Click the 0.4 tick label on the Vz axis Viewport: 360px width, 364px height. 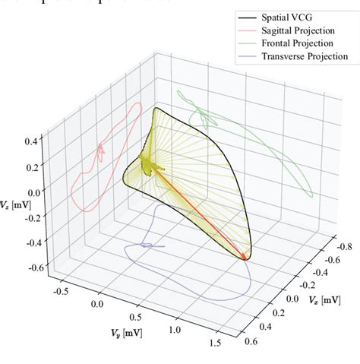(33, 141)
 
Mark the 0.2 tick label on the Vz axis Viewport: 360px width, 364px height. (33, 166)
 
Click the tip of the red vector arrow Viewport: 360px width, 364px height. (245, 258)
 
